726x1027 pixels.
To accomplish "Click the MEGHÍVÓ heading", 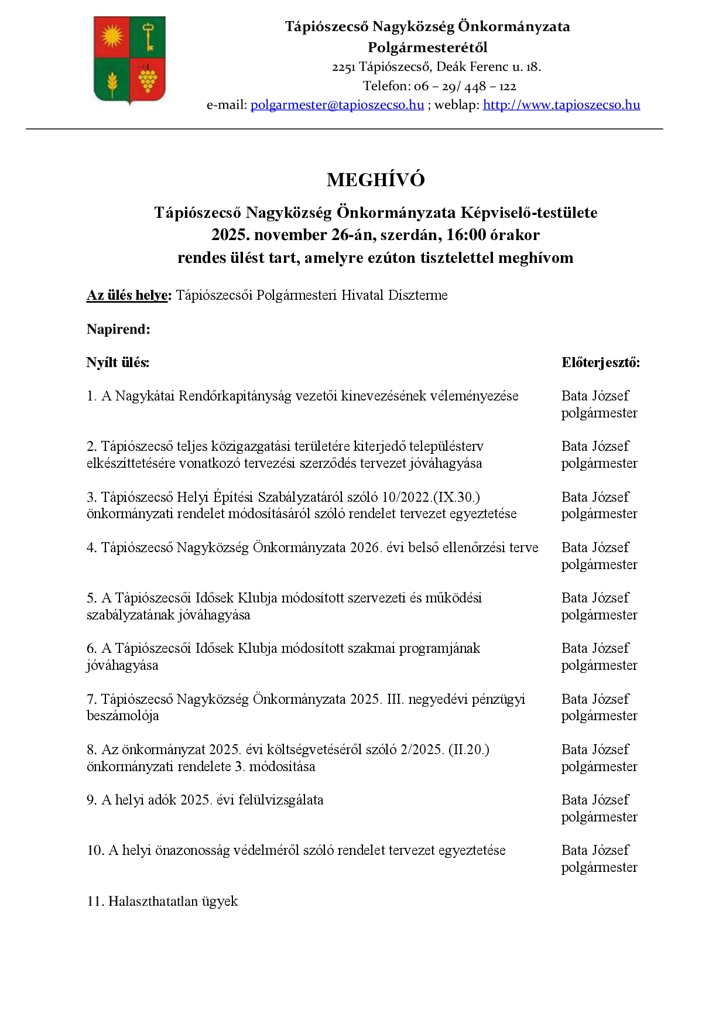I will (x=375, y=180).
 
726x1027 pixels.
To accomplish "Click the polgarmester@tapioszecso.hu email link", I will (x=337, y=105).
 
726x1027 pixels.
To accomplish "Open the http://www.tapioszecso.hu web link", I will (x=561, y=105).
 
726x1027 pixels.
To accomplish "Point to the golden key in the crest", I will (x=148, y=36).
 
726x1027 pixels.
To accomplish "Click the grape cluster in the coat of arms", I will (x=148, y=78).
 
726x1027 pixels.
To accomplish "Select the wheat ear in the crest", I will (x=112, y=81).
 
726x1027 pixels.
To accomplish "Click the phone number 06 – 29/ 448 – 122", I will (x=465, y=86).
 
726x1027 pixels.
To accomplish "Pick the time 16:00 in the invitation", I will (x=466, y=235).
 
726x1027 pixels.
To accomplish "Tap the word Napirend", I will (x=118, y=329).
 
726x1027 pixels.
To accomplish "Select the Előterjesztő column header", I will (x=600, y=362).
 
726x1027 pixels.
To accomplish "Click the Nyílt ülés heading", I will (x=118, y=362).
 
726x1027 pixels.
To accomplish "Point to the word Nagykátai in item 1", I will (x=145, y=396).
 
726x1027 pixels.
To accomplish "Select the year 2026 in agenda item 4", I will (x=365, y=547).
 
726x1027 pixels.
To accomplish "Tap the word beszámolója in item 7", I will (x=122, y=716).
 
